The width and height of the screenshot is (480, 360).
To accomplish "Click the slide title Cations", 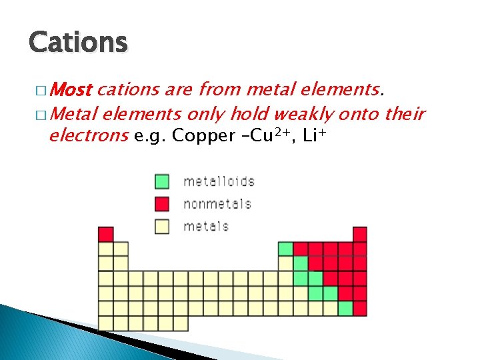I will [77, 42].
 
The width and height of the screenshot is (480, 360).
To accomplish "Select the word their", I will [405, 115].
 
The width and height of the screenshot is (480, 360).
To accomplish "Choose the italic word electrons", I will [89, 137].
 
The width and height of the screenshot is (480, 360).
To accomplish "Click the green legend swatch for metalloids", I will [162, 181].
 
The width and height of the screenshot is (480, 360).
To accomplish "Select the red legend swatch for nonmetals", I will [162, 203].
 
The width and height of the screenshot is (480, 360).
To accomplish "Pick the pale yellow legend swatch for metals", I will [162, 226].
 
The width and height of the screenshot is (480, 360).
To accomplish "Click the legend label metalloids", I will [219, 181].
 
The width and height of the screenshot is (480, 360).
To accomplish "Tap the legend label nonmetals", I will [217, 203].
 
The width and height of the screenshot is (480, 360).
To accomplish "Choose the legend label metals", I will [206, 226].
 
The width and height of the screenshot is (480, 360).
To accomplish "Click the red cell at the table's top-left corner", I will [105, 234].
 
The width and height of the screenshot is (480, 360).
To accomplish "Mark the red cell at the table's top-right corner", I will [360, 234].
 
